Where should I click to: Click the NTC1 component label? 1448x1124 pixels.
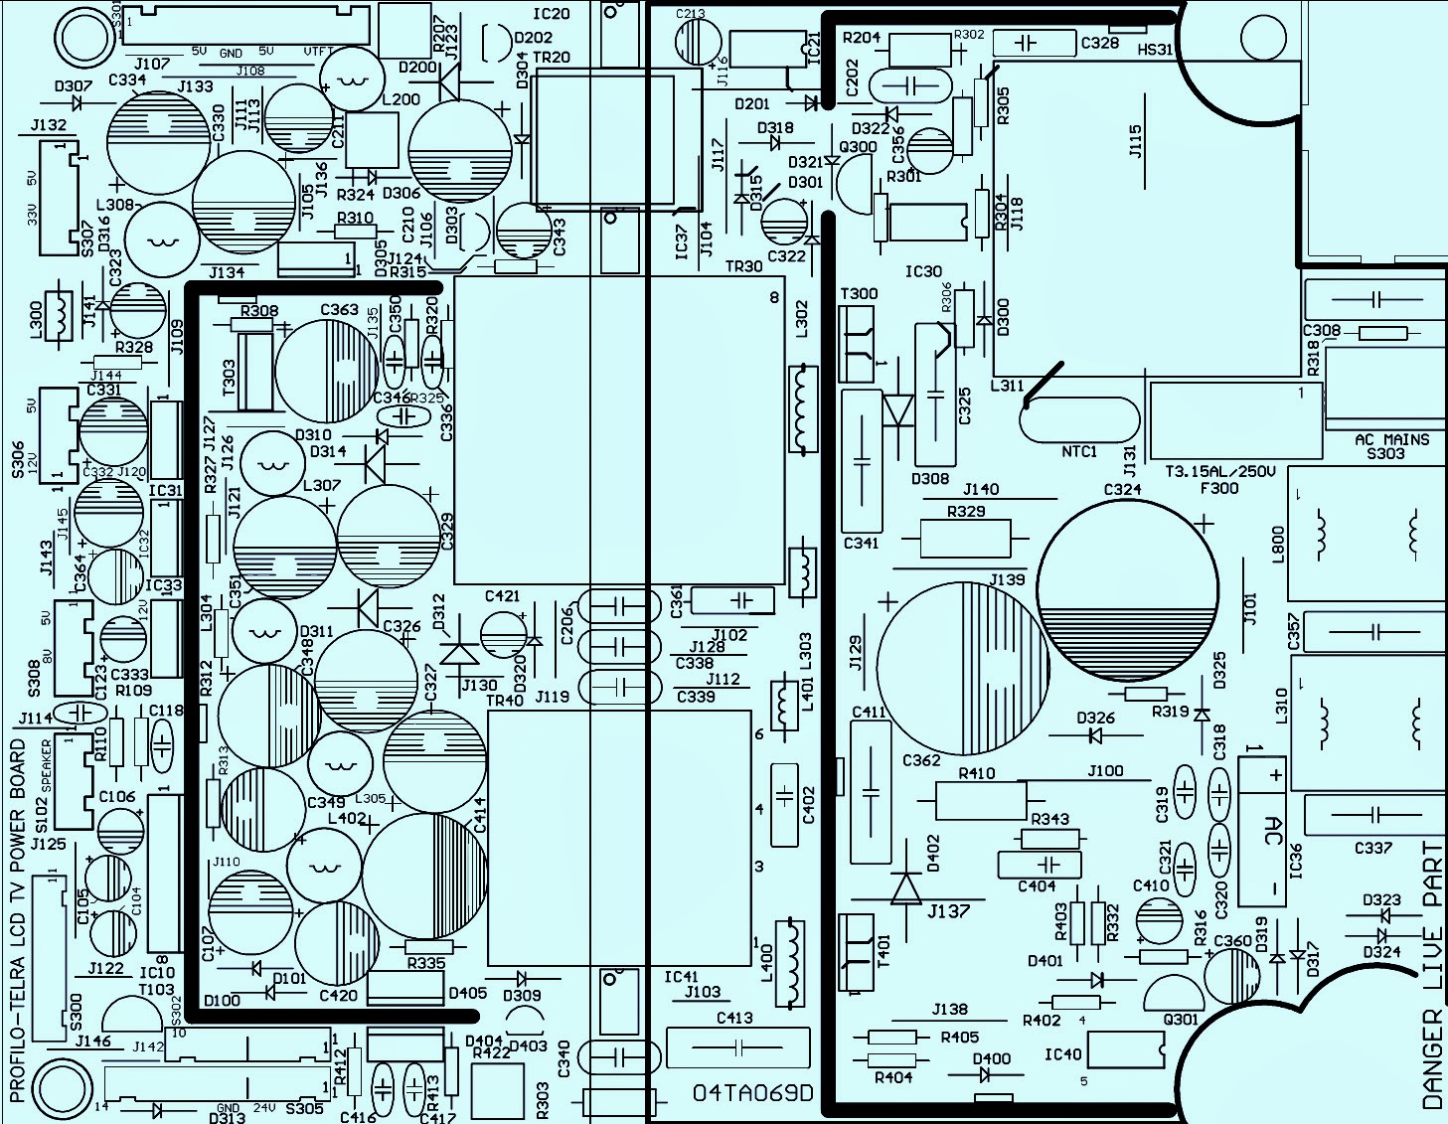click(x=1078, y=451)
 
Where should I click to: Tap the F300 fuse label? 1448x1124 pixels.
click(x=1219, y=488)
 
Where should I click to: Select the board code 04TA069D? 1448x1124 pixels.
click(x=752, y=1093)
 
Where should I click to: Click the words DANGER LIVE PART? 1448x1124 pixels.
click(x=1432, y=975)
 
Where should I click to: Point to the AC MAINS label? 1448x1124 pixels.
click(x=1391, y=439)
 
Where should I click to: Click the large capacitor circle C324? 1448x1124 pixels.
click(x=1128, y=591)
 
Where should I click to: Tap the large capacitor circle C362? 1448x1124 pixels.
click(x=962, y=669)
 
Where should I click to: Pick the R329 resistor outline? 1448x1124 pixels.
click(x=964, y=539)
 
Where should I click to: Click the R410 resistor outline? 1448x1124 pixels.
click(x=981, y=800)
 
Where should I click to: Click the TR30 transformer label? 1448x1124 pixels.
click(x=743, y=266)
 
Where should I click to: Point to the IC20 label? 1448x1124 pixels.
click(x=552, y=14)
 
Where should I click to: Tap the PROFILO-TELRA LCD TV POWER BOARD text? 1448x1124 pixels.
click(x=18, y=919)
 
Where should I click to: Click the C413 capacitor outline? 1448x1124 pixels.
click(x=737, y=1047)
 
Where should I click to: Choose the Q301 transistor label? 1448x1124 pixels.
click(x=1180, y=1019)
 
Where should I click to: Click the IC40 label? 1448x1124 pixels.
click(x=1062, y=1053)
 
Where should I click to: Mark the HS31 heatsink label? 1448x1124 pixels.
click(x=1155, y=49)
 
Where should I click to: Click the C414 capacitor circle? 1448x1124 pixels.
click(x=425, y=875)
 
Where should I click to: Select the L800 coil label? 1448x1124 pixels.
click(x=1279, y=544)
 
